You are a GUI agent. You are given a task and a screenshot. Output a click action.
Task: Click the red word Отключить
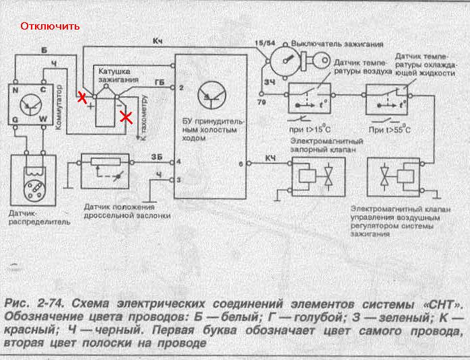(51, 27)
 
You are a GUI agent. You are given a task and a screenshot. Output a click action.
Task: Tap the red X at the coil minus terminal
(126, 118)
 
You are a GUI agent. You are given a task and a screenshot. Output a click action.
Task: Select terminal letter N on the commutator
(16, 89)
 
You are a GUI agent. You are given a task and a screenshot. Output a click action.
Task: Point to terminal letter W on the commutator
(42, 120)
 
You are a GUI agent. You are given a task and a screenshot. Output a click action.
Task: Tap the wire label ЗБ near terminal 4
(156, 157)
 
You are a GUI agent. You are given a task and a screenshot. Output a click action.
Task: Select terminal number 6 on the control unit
(240, 164)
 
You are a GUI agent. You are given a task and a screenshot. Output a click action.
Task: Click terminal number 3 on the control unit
(178, 180)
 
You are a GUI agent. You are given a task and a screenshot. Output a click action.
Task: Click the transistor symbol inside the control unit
(212, 95)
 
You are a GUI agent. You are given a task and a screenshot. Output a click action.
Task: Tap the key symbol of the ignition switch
(316, 59)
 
